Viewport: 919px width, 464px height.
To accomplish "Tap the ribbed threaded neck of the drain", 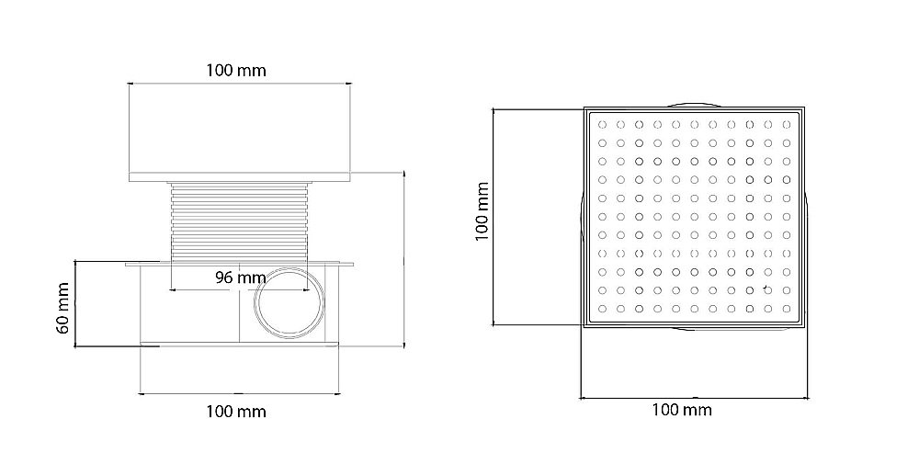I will click(239, 221).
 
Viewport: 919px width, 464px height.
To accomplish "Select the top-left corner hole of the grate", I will click(601, 123).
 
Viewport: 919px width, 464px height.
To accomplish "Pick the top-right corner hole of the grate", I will click(788, 123).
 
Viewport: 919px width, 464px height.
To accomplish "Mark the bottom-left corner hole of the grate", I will click(601, 309).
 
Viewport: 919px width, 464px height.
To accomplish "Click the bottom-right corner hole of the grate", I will click(788, 309).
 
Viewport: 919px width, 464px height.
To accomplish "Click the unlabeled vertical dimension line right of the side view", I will click(404, 257).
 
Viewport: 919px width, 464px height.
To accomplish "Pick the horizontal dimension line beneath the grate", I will click(694, 397).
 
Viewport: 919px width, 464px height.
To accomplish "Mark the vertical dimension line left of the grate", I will click(495, 216).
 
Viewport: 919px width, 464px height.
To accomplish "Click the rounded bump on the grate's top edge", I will click(694, 104).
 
